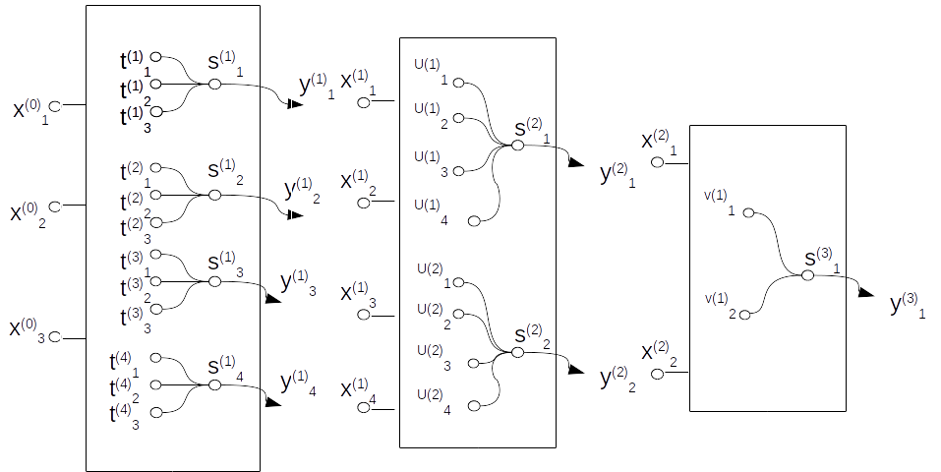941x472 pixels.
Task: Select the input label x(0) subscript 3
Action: [28, 329]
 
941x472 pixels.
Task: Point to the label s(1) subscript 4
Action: [224, 367]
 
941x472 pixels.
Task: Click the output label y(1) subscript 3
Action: [298, 283]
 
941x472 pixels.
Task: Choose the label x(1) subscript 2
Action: [358, 183]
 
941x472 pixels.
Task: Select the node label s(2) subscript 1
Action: [531, 131]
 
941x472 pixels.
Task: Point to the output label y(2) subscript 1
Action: [618, 177]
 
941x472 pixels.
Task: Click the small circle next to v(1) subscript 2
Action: [745, 315]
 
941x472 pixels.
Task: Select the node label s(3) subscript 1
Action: [822, 261]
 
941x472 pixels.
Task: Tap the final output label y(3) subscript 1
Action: [908, 305]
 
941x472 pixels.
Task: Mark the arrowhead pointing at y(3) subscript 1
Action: [865, 292]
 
